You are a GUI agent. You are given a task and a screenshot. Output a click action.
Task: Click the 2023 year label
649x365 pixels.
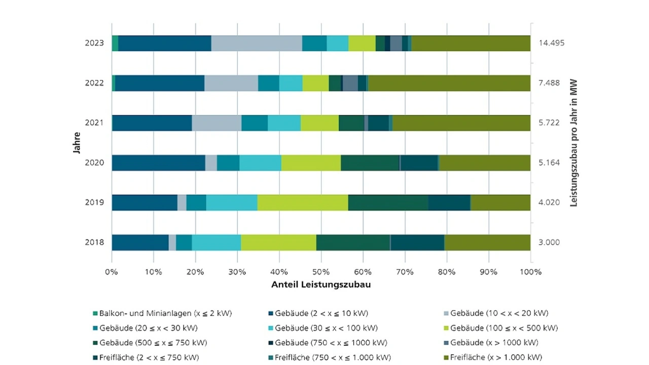[x=94, y=43]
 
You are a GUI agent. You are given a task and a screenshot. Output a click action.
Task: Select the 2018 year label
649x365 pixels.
[x=94, y=242]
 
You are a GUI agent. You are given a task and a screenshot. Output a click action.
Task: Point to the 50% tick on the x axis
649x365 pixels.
[x=321, y=272]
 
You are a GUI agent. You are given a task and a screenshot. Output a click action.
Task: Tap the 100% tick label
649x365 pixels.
[x=531, y=272]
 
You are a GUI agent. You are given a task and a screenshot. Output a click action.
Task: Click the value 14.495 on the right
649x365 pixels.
[x=552, y=43]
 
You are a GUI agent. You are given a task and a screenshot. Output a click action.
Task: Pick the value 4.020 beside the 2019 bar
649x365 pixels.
[x=549, y=202]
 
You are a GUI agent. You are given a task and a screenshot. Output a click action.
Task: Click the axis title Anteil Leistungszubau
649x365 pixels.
[x=321, y=285]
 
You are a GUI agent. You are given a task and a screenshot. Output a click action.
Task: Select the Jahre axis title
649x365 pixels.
[x=76, y=143]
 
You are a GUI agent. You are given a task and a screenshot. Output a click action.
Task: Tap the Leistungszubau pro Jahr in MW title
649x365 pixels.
[x=574, y=143]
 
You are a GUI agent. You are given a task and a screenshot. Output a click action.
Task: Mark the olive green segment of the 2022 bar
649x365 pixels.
[x=449, y=83]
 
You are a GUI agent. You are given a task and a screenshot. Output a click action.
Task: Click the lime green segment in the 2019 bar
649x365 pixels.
[x=303, y=202]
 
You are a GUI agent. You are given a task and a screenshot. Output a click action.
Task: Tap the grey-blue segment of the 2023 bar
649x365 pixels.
[x=257, y=44]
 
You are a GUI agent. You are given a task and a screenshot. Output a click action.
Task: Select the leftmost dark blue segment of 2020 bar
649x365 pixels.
[x=158, y=163]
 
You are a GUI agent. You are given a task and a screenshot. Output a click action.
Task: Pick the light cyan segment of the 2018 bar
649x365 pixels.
[x=217, y=242]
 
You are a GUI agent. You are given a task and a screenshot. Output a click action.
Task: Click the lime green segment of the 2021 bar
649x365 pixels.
[x=319, y=123]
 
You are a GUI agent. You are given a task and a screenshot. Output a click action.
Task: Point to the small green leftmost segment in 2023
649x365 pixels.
[x=115, y=44]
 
